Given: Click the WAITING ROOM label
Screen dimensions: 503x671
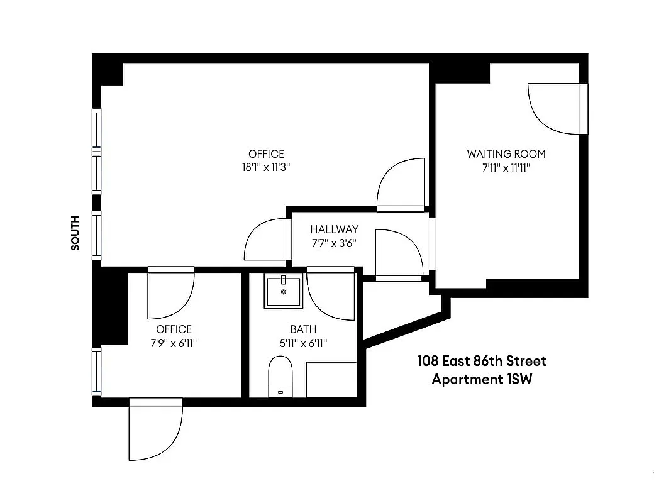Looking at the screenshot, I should [x=506, y=153].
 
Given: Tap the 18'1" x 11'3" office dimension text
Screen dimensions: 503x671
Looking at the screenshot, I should [x=266, y=167].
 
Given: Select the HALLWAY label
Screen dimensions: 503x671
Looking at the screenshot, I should [x=334, y=229].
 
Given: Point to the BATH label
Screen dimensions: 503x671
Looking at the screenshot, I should [x=303, y=329].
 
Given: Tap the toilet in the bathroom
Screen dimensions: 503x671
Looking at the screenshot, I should [x=280, y=376].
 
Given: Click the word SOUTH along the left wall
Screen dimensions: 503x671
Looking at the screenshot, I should [x=75, y=233].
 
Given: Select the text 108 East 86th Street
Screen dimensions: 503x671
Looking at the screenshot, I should [x=482, y=361].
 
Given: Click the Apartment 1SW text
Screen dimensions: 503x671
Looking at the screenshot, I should [x=481, y=380].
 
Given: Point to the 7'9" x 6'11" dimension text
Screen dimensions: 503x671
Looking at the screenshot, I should [x=174, y=343].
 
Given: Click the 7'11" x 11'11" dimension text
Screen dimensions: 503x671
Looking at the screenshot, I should [x=506, y=168].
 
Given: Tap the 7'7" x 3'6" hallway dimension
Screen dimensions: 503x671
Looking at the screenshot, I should [x=333, y=243].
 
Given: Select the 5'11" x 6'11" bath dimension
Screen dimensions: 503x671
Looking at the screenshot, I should [x=303, y=343].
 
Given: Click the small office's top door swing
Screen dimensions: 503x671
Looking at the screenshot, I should [x=170, y=294].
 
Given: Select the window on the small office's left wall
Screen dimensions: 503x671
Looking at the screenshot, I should [x=97, y=370].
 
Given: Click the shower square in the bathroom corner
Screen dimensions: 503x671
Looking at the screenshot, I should [x=331, y=379].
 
